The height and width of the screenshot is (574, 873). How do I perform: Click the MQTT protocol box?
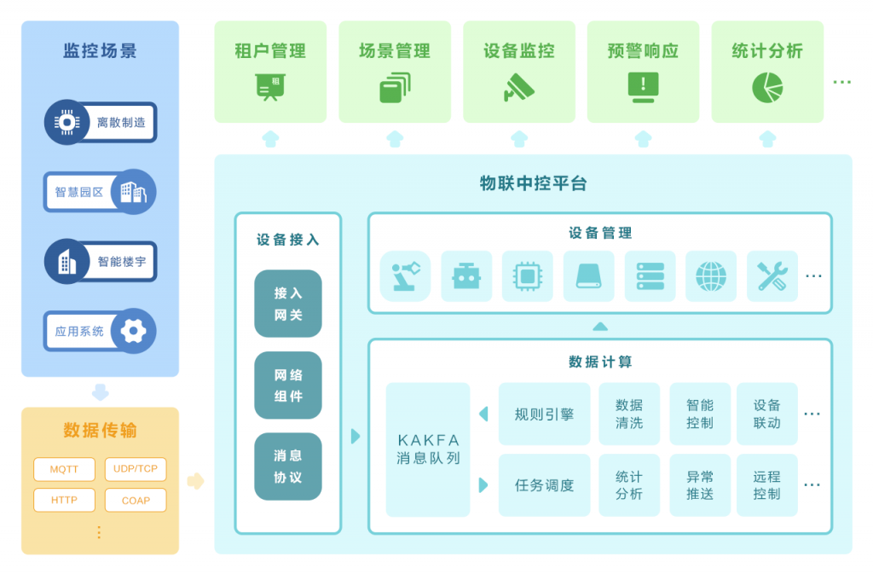(64, 469)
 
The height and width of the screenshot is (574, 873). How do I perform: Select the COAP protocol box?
(136, 501)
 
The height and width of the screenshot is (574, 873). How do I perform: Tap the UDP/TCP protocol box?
(136, 469)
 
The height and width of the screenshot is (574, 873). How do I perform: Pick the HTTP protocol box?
(64, 501)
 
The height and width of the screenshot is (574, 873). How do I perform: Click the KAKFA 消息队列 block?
(428, 449)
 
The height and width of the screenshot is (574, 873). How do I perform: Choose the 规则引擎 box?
(544, 414)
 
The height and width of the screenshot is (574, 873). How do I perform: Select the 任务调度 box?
(544, 485)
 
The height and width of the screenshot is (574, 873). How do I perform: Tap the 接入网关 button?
(288, 304)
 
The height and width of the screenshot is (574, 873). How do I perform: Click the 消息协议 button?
(288, 467)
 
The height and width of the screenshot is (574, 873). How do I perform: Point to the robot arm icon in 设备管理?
(405, 276)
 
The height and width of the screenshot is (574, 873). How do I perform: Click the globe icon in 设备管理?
(711, 276)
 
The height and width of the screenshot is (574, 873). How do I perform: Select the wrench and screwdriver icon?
(772, 276)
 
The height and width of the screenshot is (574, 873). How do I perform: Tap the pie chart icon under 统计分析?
(767, 87)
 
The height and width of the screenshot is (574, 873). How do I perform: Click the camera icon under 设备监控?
(518, 87)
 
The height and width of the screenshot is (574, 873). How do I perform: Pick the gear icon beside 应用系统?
(134, 331)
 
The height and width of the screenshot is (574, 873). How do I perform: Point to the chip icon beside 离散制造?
(66, 122)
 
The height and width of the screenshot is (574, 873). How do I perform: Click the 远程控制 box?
(766, 485)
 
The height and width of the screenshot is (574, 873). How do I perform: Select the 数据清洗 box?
(629, 414)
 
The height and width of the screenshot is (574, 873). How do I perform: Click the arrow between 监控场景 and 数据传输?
(100, 392)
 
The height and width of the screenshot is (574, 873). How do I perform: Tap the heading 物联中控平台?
(533, 183)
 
